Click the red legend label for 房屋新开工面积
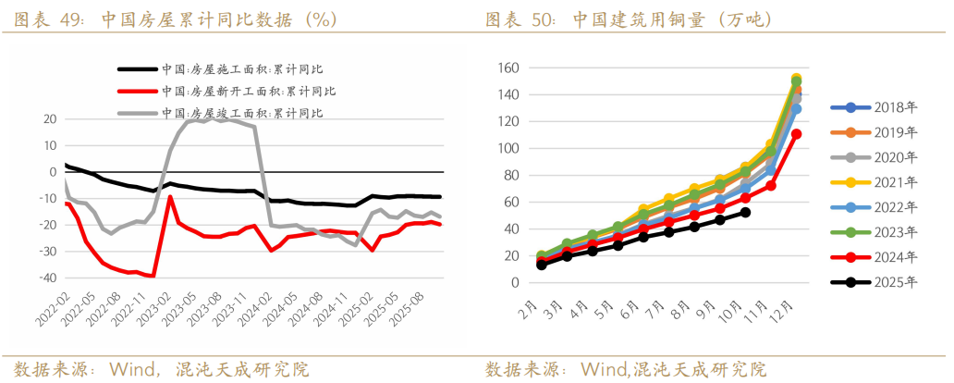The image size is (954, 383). pos(249,91)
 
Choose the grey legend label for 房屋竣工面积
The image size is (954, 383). pos(249,113)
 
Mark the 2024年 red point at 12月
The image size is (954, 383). pos(796,134)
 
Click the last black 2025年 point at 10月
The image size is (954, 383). pos(745,213)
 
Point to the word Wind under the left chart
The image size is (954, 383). pos(138,369)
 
